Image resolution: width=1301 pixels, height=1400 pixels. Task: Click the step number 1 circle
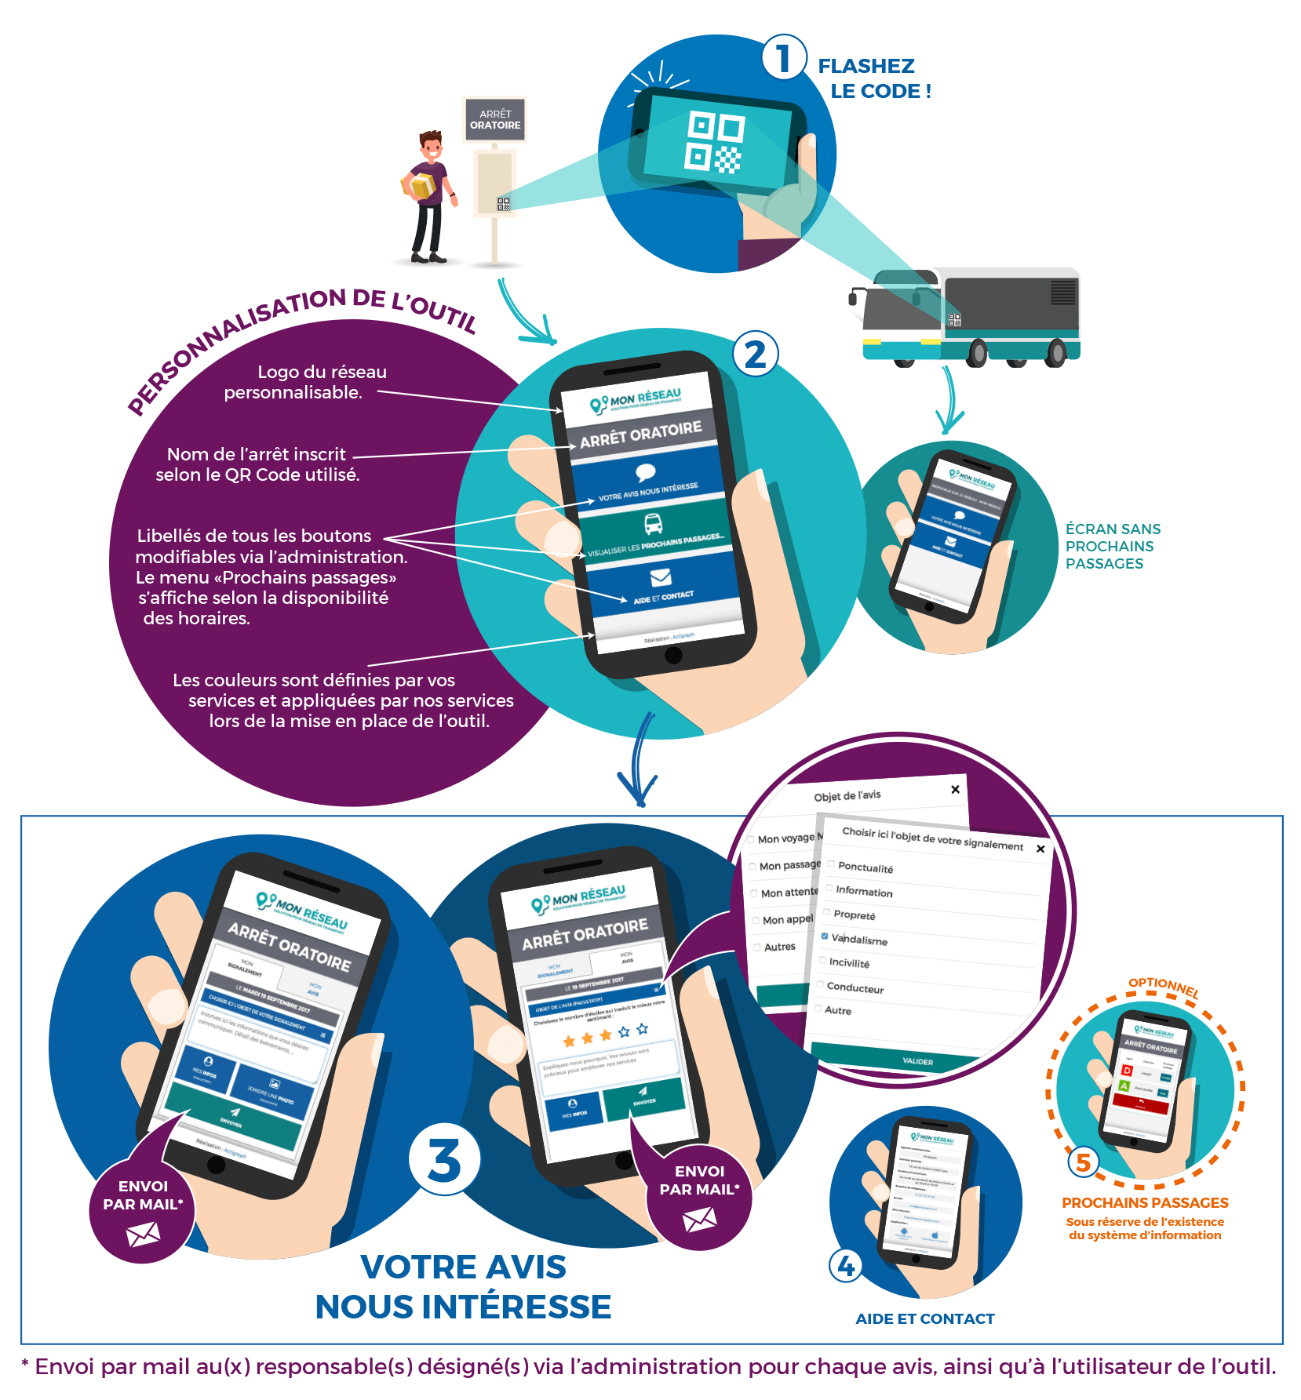(x=783, y=58)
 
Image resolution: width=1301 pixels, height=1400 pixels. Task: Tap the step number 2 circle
(x=755, y=355)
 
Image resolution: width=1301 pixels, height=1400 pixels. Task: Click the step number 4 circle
(x=846, y=1266)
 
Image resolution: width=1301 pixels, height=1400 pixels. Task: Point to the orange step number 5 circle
(x=1084, y=1162)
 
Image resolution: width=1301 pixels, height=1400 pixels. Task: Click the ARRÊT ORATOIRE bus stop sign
(x=495, y=120)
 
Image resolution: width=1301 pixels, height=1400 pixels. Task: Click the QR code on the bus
(x=955, y=320)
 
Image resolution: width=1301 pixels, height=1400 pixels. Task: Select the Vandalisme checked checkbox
(x=825, y=936)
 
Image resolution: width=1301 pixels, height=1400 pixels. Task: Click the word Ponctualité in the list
(x=866, y=868)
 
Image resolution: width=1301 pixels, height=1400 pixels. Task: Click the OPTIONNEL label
(x=1164, y=987)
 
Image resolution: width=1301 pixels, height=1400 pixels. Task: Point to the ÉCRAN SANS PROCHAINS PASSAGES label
(x=1112, y=546)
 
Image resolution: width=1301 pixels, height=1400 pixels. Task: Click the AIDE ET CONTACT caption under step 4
(x=924, y=1319)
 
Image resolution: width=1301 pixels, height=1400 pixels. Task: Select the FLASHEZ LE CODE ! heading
(x=874, y=78)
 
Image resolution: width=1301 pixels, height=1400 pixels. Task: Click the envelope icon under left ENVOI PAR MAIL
(x=143, y=1235)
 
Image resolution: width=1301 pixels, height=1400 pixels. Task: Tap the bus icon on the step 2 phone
(x=653, y=523)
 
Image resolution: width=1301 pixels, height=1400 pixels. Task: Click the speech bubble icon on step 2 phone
(x=646, y=472)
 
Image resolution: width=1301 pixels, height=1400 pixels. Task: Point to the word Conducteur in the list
(x=855, y=988)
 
